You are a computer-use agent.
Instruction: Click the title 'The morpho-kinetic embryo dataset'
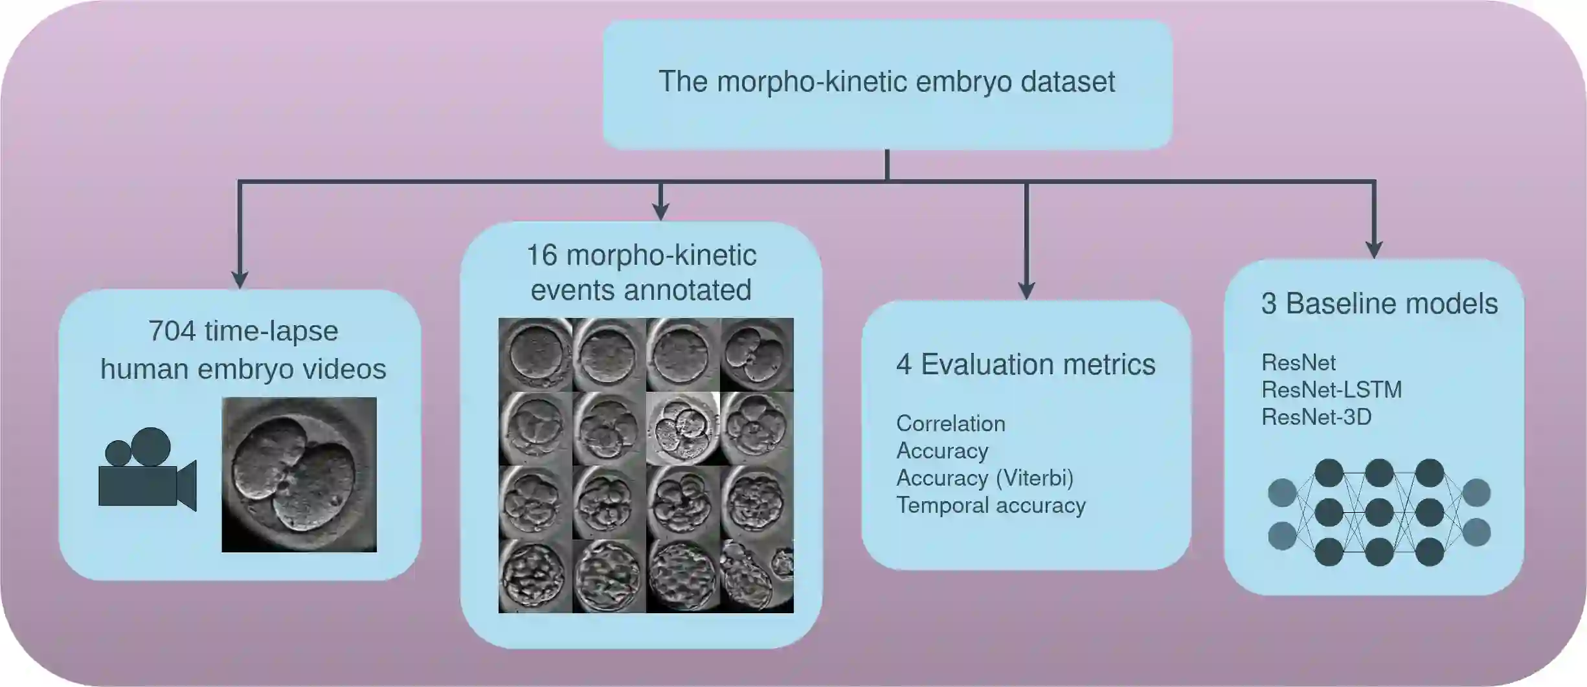click(x=886, y=82)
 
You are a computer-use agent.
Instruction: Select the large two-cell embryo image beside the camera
click(x=298, y=475)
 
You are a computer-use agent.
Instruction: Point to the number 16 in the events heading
click(x=541, y=255)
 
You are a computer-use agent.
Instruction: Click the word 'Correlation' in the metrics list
click(x=951, y=423)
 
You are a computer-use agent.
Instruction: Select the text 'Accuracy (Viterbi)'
click(x=984, y=478)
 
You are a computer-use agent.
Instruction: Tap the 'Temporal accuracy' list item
click(x=991, y=505)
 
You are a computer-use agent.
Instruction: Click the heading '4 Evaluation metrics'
click(x=1026, y=365)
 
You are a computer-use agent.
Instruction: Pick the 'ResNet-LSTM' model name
click(x=1331, y=390)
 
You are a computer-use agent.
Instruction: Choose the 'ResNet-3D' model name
click(x=1316, y=417)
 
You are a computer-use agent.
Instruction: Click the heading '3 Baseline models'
click(x=1379, y=304)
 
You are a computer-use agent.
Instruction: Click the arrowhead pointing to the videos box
click(x=240, y=279)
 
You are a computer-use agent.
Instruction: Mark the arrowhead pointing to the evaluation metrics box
click(x=1026, y=291)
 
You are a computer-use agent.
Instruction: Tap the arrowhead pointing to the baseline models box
click(x=1374, y=250)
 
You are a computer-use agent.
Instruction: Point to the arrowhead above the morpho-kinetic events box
click(x=660, y=211)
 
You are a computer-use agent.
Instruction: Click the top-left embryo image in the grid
click(x=535, y=354)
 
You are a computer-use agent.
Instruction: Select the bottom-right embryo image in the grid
click(x=757, y=576)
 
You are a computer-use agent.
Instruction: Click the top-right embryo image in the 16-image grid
click(x=757, y=354)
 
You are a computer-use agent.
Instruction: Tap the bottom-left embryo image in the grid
click(x=535, y=576)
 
